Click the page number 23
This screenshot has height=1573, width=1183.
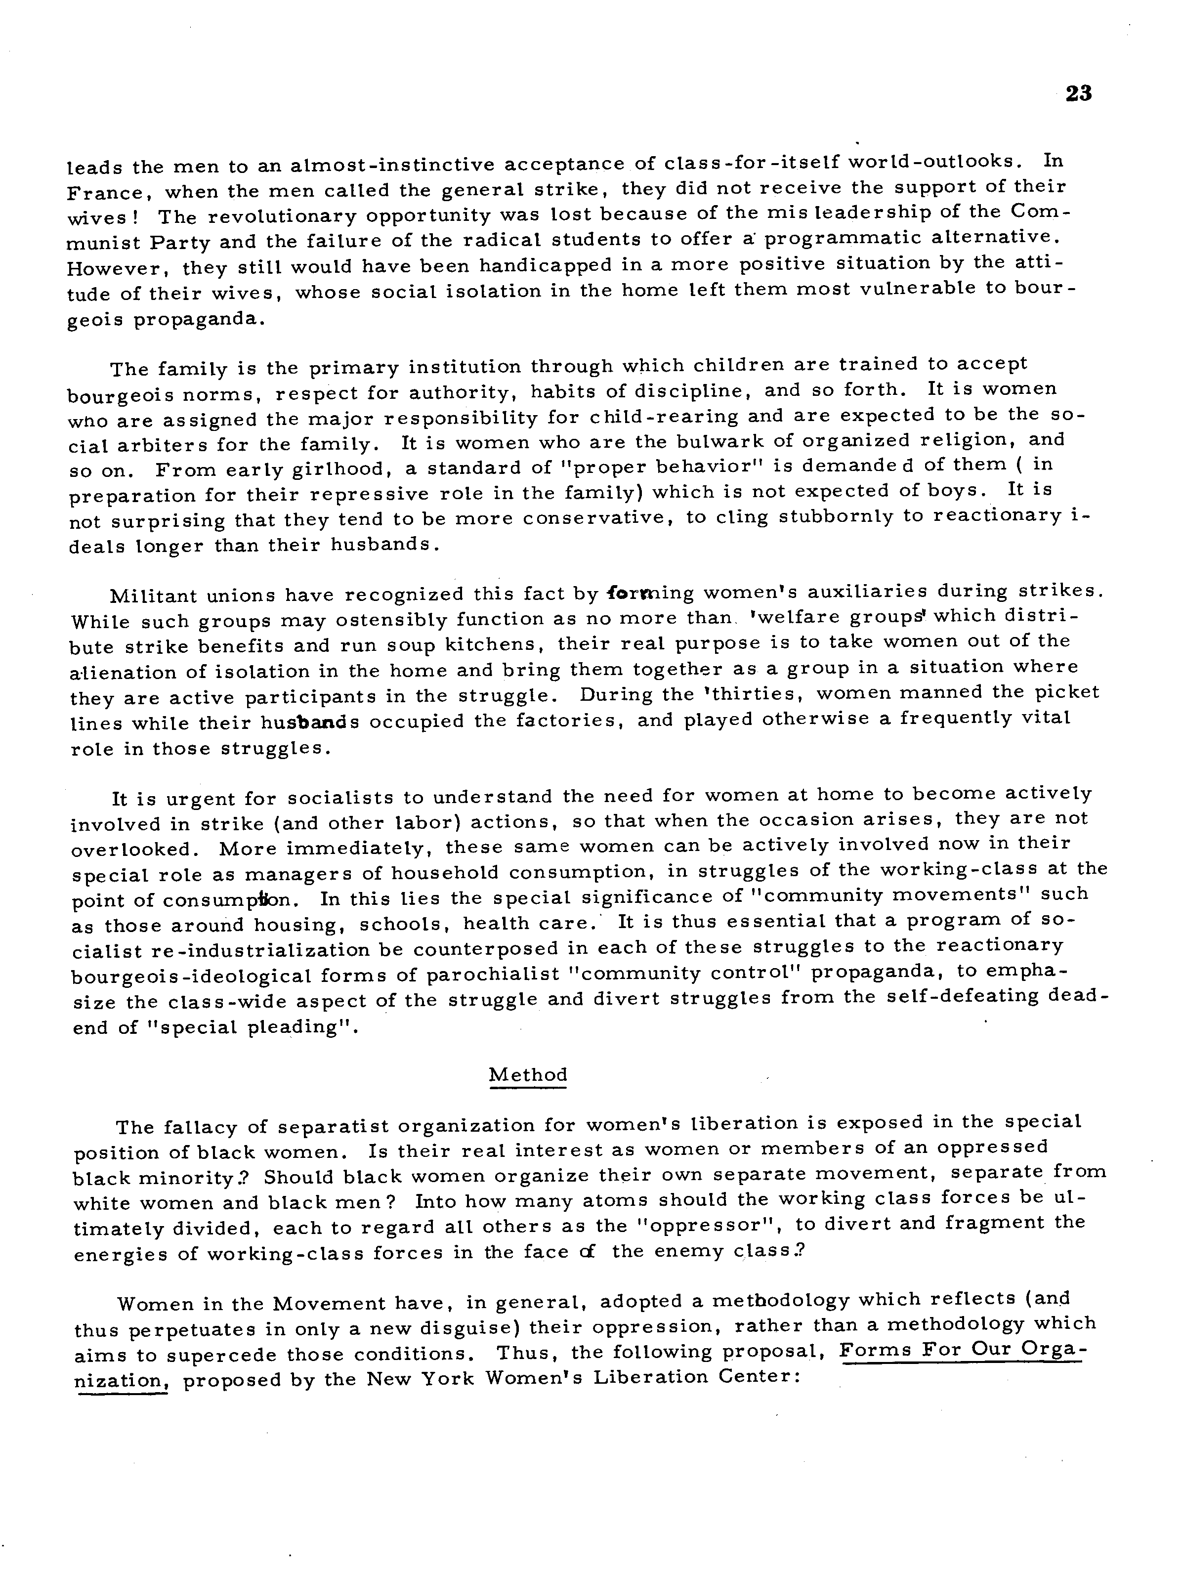pyautogui.click(x=1079, y=94)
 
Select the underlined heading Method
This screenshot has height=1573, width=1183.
pyautogui.click(x=528, y=1074)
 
